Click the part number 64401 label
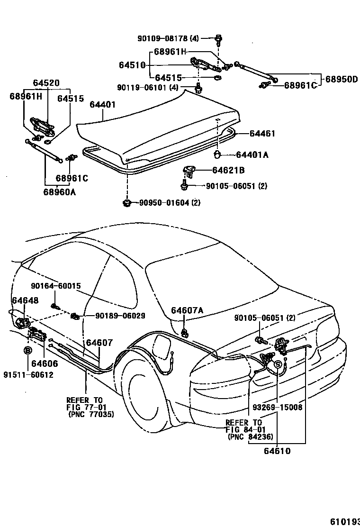point(102,105)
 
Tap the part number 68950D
point(341,79)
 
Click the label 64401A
point(252,155)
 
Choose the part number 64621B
point(228,170)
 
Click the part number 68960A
point(60,192)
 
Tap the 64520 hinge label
point(46,82)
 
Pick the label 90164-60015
point(56,286)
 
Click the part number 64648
point(25,300)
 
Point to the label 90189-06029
point(113,316)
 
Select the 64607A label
point(187,310)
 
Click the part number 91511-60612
point(28,375)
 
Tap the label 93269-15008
point(277,407)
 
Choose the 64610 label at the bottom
point(277,451)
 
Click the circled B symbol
point(27,351)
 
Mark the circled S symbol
point(278,364)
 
